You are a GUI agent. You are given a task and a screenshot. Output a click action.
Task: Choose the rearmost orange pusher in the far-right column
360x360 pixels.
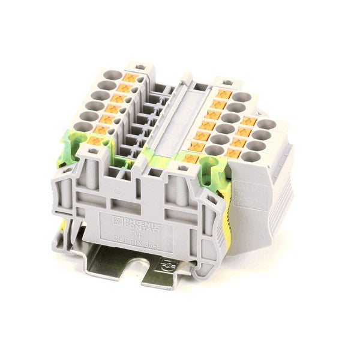(250, 122)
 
